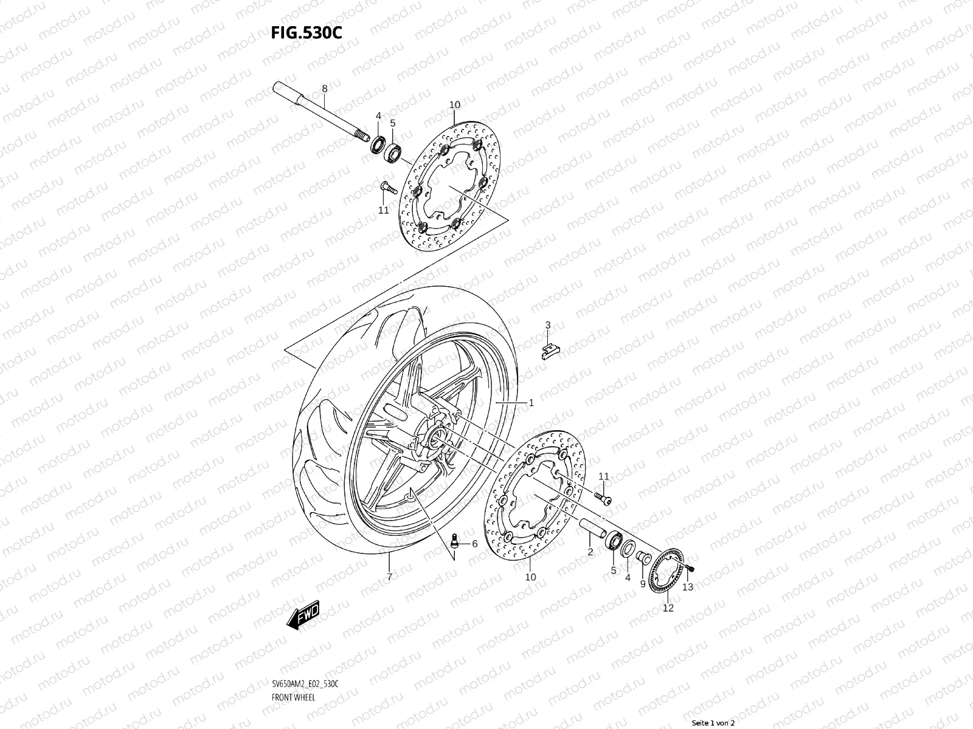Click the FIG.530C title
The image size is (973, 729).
(306, 32)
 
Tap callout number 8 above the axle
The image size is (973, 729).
(325, 89)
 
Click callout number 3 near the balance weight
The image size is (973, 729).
(547, 325)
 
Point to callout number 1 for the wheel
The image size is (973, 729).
(530, 402)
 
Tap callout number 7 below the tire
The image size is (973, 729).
(389, 577)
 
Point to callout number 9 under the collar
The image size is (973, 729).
(642, 584)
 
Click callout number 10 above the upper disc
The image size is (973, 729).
(454, 105)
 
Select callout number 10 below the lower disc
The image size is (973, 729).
(530, 577)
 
